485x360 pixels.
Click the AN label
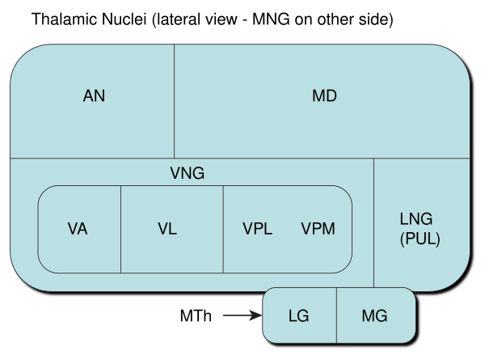[94, 95]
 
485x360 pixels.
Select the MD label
[324, 95]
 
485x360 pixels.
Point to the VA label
[78, 229]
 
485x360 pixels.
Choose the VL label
[167, 229]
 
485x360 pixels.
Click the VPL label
[257, 229]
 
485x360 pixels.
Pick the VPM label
[318, 229]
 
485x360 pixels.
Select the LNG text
[416, 218]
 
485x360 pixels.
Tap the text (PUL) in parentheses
[420, 239]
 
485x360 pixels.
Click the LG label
[299, 316]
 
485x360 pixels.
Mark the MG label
[375, 316]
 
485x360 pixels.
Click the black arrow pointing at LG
[242, 315]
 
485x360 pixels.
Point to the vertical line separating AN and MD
[174, 101]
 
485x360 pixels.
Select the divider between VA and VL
[121, 229]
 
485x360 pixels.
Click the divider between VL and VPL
[223, 229]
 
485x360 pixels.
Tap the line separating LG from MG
[337, 316]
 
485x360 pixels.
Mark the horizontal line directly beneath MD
[323, 159]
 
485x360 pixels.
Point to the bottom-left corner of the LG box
[267, 339]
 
